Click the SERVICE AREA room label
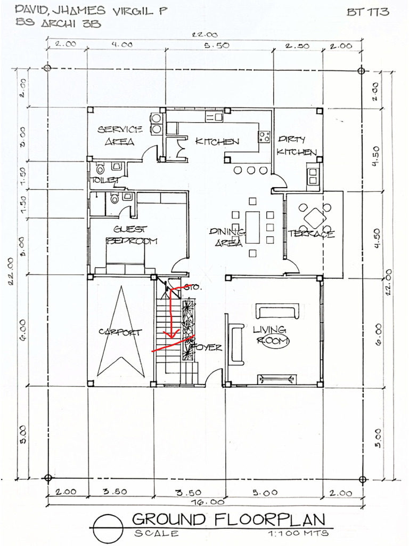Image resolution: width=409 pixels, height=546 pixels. pos(120,135)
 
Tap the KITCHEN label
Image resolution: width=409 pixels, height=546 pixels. pos(217,141)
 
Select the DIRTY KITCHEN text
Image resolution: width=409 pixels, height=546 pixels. pos(296,146)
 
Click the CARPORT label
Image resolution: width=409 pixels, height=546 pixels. pos(120,332)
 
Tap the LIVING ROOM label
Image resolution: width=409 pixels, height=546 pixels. pos(271,335)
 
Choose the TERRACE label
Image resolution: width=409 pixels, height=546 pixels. pos(311,234)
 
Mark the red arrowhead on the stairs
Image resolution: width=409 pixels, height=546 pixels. pos(171,335)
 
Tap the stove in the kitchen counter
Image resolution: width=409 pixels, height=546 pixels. pos(264,136)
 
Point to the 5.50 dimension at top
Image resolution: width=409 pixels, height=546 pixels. pos(216,46)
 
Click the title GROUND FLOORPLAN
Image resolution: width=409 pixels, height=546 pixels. pos(228,519)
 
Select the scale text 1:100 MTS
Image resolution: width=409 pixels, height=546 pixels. pos(298,533)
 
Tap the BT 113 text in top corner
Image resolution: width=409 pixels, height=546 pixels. pos(367,11)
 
